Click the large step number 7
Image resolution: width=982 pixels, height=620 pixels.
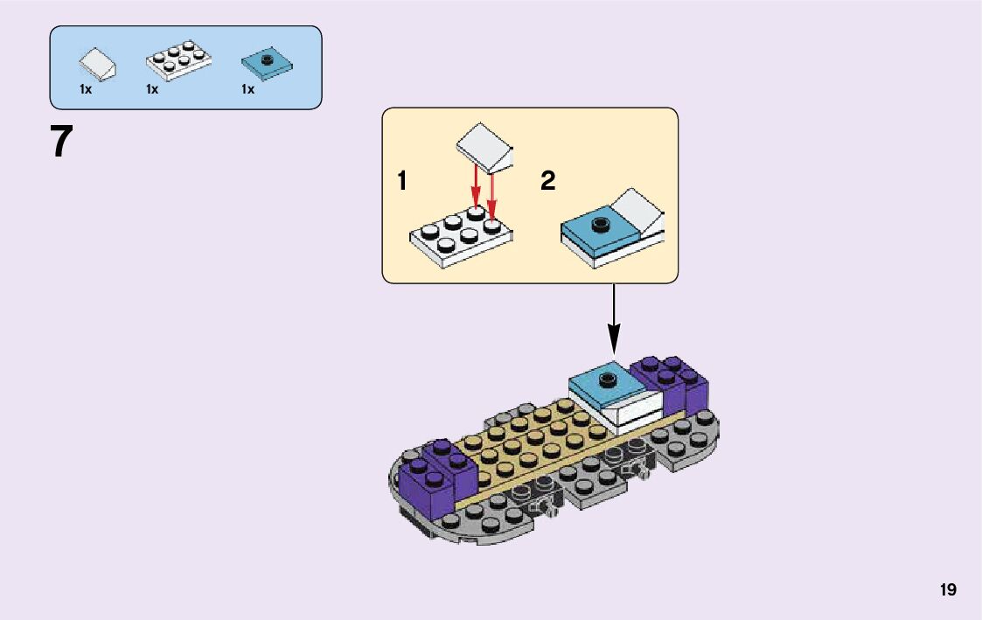(60, 142)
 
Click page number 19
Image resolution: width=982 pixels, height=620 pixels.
(948, 590)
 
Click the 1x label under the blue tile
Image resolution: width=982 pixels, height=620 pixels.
(247, 89)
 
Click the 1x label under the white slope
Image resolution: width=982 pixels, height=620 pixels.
(86, 89)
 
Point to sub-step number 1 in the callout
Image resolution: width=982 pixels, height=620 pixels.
(401, 182)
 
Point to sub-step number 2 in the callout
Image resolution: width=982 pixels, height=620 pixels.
(547, 182)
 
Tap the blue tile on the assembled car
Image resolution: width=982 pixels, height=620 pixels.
(605, 383)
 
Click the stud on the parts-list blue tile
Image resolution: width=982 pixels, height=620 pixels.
(267, 59)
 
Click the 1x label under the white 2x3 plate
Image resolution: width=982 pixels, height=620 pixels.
(152, 89)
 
